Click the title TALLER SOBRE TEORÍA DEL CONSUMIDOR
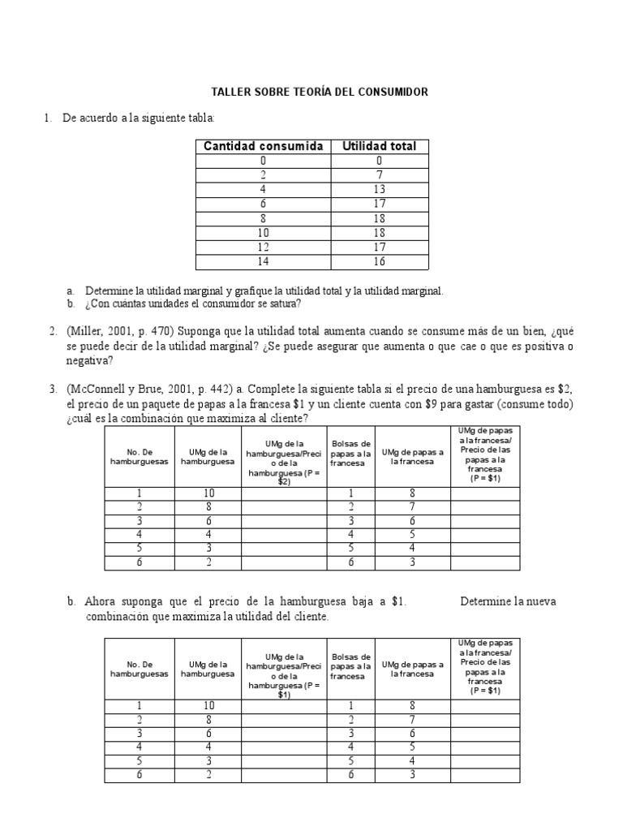(319, 93)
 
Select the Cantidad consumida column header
(263, 146)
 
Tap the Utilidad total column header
(379, 146)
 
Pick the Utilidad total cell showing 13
(379, 189)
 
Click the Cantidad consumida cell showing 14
(263, 261)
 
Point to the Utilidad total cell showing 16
(379, 261)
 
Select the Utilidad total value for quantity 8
(379, 218)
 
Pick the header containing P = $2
(283, 460)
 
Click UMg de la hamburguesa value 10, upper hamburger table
(208, 493)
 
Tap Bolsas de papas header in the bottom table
(351, 666)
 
